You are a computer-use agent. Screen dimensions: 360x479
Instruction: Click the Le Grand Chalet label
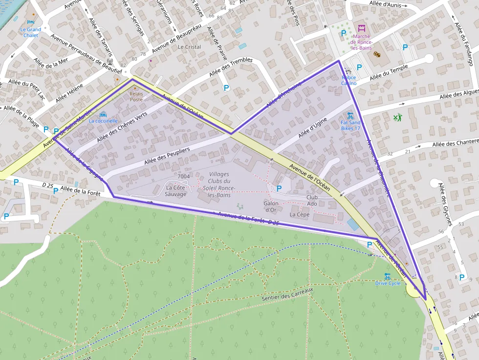click(x=30, y=32)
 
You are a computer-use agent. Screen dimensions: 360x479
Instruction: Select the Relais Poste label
click(x=136, y=96)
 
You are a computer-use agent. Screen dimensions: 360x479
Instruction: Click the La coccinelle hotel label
click(x=103, y=121)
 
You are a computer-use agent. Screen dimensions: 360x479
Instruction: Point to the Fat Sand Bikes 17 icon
click(x=350, y=117)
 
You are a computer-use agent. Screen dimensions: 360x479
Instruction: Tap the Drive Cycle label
click(x=388, y=283)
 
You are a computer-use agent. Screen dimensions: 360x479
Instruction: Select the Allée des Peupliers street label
click(x=167, y=156)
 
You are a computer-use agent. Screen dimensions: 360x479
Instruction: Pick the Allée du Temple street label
click(x=389, y=74)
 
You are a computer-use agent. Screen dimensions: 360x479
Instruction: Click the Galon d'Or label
click(x=271, y=206)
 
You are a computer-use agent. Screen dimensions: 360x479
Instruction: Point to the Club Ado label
click(x=312, y=200)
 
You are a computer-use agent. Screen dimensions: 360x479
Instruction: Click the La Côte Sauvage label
click(x=176, y=191)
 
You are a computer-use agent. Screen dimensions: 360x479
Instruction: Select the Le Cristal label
click(x=189, y=47)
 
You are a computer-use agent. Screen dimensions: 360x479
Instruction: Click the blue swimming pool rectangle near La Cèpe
click(x=351, y=225)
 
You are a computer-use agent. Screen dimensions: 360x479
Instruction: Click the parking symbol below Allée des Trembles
click(x=226, y=88)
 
